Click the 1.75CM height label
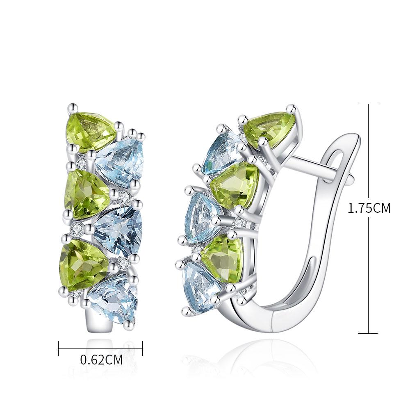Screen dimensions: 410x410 (369, 208)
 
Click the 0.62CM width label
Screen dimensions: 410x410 (101, 360)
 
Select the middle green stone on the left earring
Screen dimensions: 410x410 (87, 194)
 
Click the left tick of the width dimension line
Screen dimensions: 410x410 (59, 348)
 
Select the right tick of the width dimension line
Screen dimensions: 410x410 (142, 348)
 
